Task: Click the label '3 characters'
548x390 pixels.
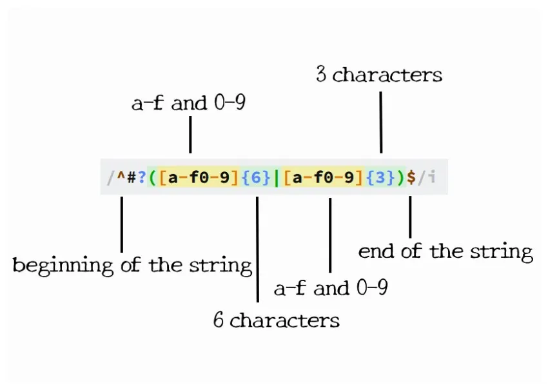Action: tap(379, 75)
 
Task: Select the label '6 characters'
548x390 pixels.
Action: tap(277, 320)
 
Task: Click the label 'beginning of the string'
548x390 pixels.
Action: tap(132, 264)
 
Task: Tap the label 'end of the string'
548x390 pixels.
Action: tap(445, 251)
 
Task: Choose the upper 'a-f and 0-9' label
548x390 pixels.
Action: tap(188, 103)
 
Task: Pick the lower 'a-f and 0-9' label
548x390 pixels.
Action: tap(331, 288)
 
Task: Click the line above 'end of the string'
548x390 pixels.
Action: tap(410, 217)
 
